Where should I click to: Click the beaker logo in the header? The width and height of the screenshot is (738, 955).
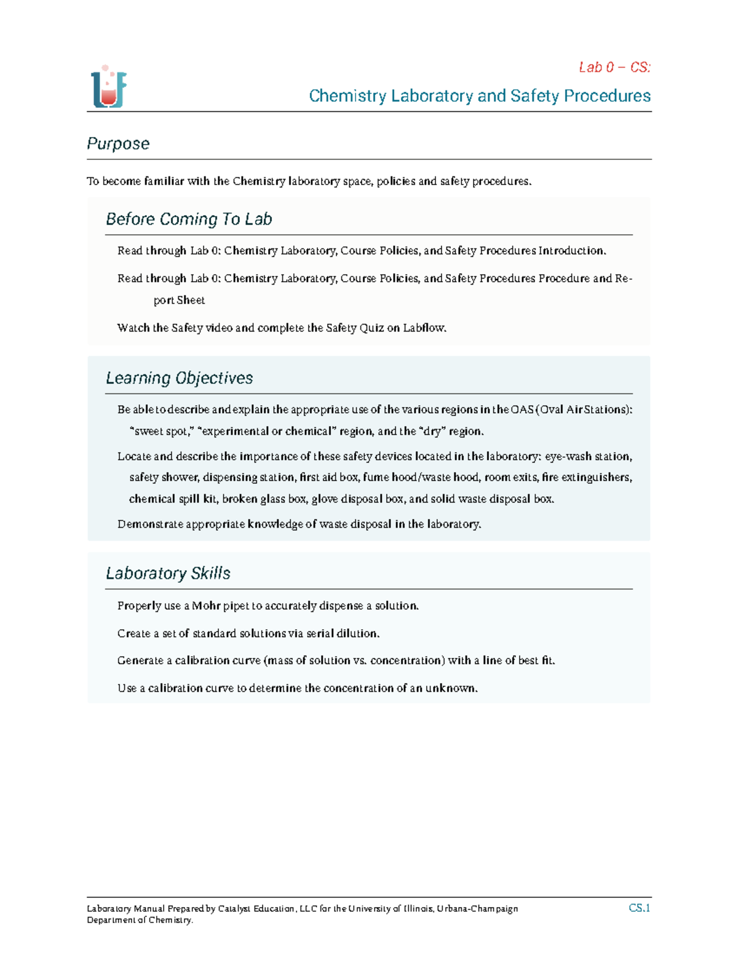pyautogui.click(x=109, y=87)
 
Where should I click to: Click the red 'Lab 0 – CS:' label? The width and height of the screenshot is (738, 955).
pyautogui.click(x=614, y=67)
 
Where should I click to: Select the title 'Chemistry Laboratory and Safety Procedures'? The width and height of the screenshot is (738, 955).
pyautogui.click(x=479, y=96)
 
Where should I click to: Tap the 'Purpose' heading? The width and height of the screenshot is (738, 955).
pyautogui.click(x=118, y=143)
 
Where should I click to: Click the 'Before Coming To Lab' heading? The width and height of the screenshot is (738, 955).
pyautogui.click(x=189, y=219)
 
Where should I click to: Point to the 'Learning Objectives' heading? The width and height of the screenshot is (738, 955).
pyautogui.click(x=179, y=378)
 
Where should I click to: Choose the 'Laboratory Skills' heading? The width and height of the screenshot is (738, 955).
pyautogui.click(x=168, y=573)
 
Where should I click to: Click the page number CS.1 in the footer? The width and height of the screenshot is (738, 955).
pyautogui.click(x=639, y=908)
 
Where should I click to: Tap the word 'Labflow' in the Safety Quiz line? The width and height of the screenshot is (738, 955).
pyautogui.click(x=424, y=328)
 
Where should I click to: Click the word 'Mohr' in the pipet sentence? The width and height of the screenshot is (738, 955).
pyautogui.click(x=205, y=606)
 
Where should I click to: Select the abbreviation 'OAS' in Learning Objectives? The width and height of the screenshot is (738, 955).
pyautogui.click(x=523, y=410)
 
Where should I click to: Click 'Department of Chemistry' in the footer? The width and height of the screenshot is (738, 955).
pyautogui.click(x=140, y=920)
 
